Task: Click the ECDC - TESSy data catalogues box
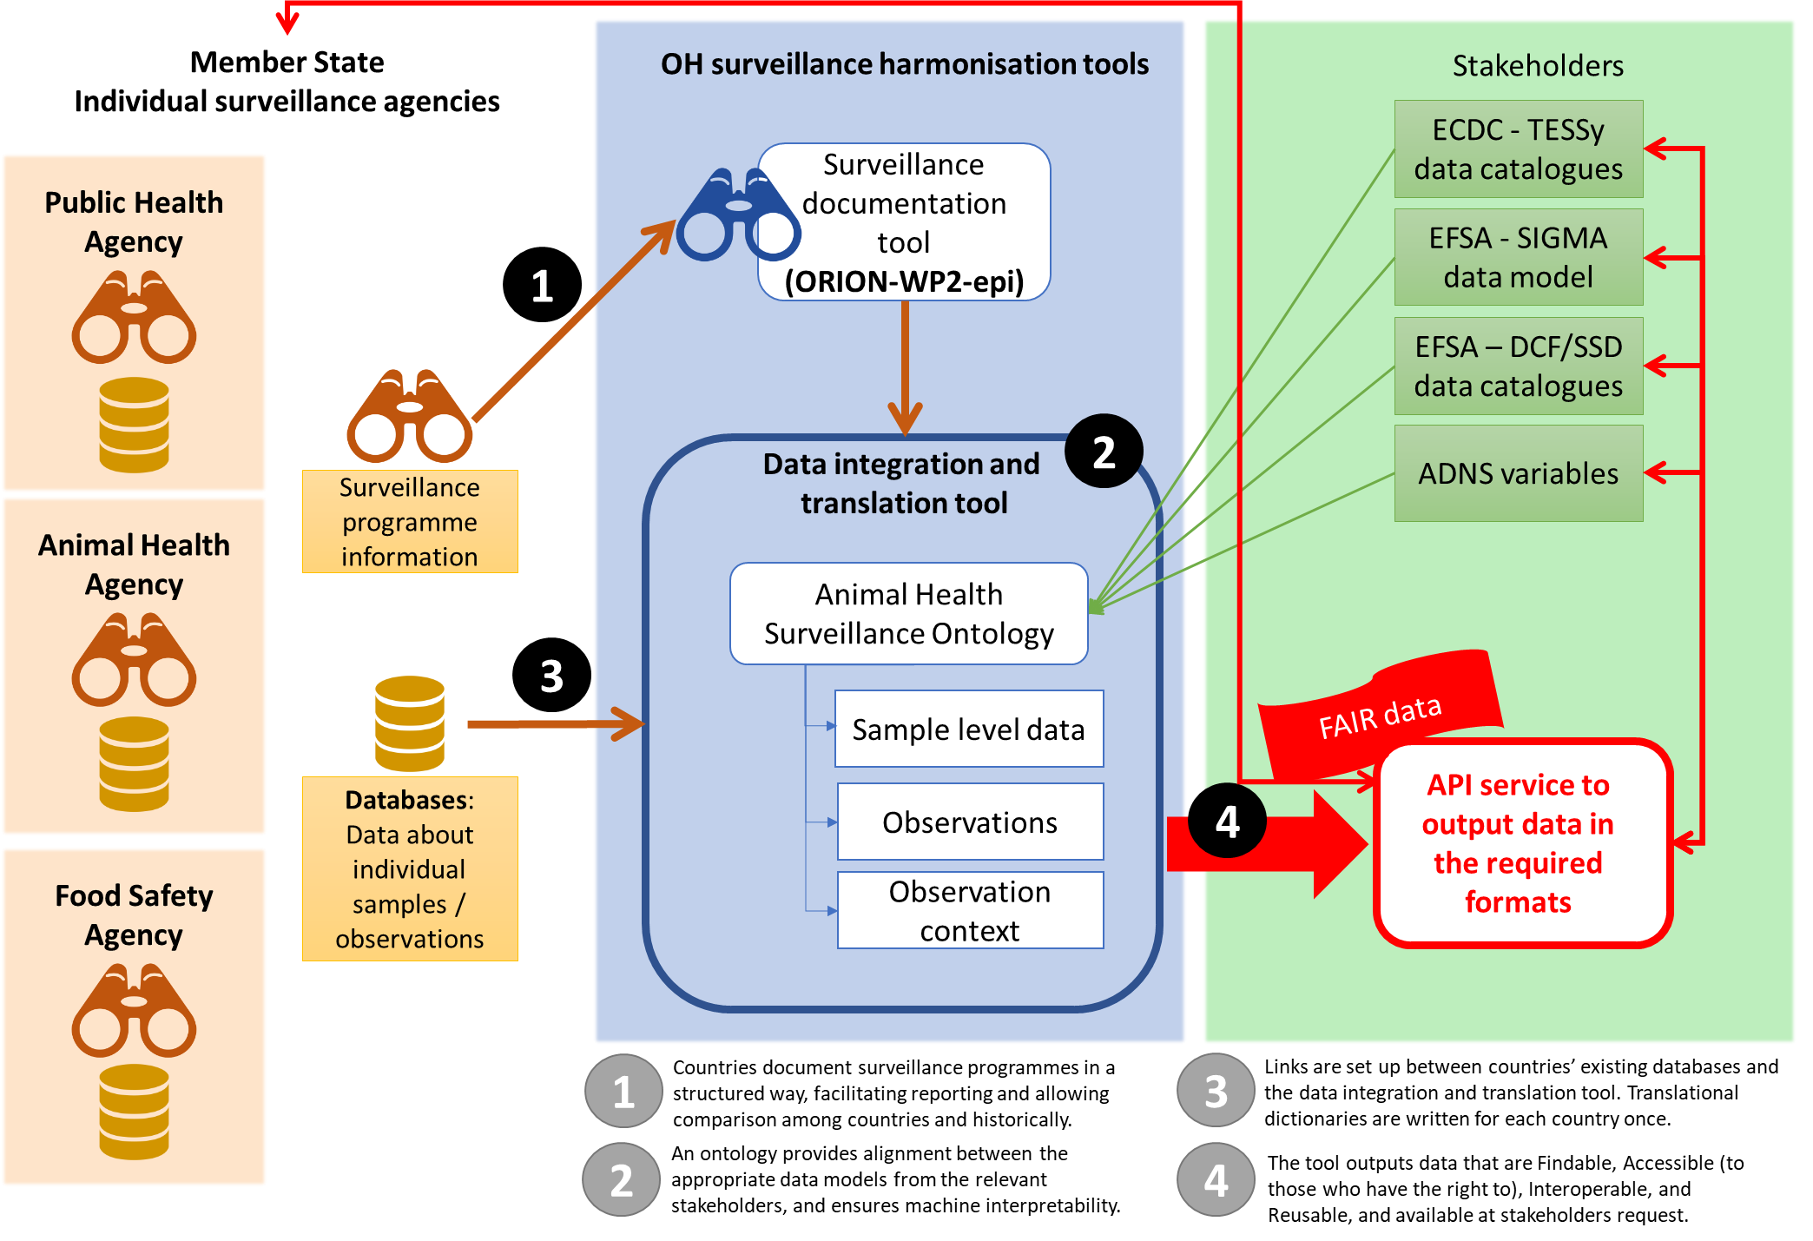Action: [1518, 149]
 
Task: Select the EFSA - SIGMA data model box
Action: [1518, 257]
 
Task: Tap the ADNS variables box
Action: [1518, 473]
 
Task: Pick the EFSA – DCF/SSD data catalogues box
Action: [1518, 366]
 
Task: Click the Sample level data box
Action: [968, 729]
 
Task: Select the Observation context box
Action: [970, 910]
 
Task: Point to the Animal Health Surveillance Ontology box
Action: [908, 614]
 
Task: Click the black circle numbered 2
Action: [1104, 452]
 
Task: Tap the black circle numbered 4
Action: [1227, 822]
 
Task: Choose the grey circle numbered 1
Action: [623, 1092]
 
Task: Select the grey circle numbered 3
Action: [1216, 1091]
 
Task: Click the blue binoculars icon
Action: [737, 215]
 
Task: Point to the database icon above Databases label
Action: [410, 723]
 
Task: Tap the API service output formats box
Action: [1521, 843]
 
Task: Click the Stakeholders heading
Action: [1538, 66]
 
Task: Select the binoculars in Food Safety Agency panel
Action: [134, 1011]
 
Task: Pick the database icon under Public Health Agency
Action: [134, 425]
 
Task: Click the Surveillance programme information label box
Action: [410, 522]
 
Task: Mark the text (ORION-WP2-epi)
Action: [904, 281]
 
